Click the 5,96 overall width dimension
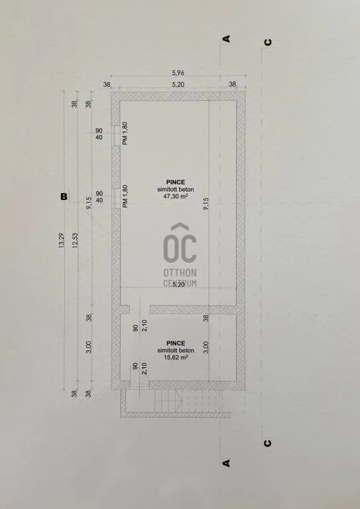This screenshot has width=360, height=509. (x=178, y=74)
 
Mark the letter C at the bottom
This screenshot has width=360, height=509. (x=267, y=443)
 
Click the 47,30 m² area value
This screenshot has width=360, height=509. (x=176, y=197)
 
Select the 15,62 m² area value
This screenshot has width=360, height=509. (x=176, y=357)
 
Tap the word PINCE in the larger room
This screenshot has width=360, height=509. (x=176, y=182)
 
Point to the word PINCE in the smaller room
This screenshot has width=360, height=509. (x=176, y=343)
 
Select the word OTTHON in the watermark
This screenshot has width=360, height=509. (x=180, y=272)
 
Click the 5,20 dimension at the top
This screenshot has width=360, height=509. (x=178, y=85)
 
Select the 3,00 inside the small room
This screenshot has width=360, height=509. (x=206, y=346)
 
